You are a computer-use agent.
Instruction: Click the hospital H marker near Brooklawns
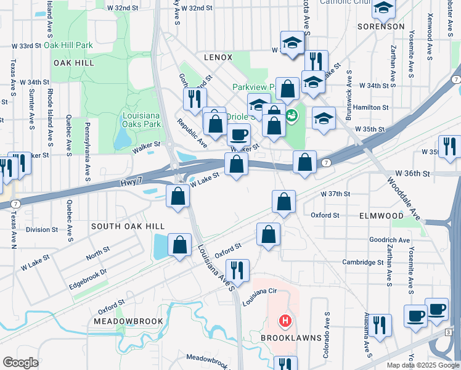point(285,321)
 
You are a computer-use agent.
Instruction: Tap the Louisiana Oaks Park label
point(142,120)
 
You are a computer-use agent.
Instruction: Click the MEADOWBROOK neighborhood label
point(128,321)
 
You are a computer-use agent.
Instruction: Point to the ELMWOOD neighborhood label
point(381,216)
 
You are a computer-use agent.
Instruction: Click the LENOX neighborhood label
point(218,57)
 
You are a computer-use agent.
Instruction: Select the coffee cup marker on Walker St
point(239,134)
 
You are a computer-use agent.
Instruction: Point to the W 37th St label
point(335,194)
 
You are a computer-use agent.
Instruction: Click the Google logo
point(20,363)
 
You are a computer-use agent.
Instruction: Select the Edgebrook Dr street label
point(88,271)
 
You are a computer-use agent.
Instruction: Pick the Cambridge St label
point(363,262)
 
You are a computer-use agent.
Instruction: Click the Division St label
point(42,229)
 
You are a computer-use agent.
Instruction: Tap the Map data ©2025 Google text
point(422,365)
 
